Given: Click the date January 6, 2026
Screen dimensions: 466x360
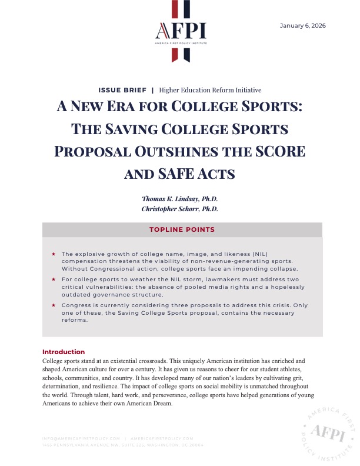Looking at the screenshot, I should [303, 26].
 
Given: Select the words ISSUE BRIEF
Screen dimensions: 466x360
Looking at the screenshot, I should [123, 90].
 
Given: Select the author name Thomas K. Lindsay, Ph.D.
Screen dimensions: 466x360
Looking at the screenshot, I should [180, 199].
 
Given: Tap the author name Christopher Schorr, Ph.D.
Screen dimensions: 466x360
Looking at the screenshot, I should [180, 209].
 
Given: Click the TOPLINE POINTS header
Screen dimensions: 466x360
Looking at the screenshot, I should [180, 229].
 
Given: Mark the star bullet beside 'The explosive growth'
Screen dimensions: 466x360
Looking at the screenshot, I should [54, 253].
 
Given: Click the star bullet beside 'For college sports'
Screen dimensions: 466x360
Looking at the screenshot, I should [54, 279].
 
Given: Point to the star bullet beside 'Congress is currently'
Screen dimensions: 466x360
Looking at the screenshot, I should [54, 305].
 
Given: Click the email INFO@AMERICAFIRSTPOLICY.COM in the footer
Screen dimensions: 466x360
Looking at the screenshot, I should [81, 438].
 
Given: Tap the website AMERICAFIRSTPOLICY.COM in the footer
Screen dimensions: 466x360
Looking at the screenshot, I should [162, 438].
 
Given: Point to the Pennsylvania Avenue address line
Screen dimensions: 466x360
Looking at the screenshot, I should [123, 445].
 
